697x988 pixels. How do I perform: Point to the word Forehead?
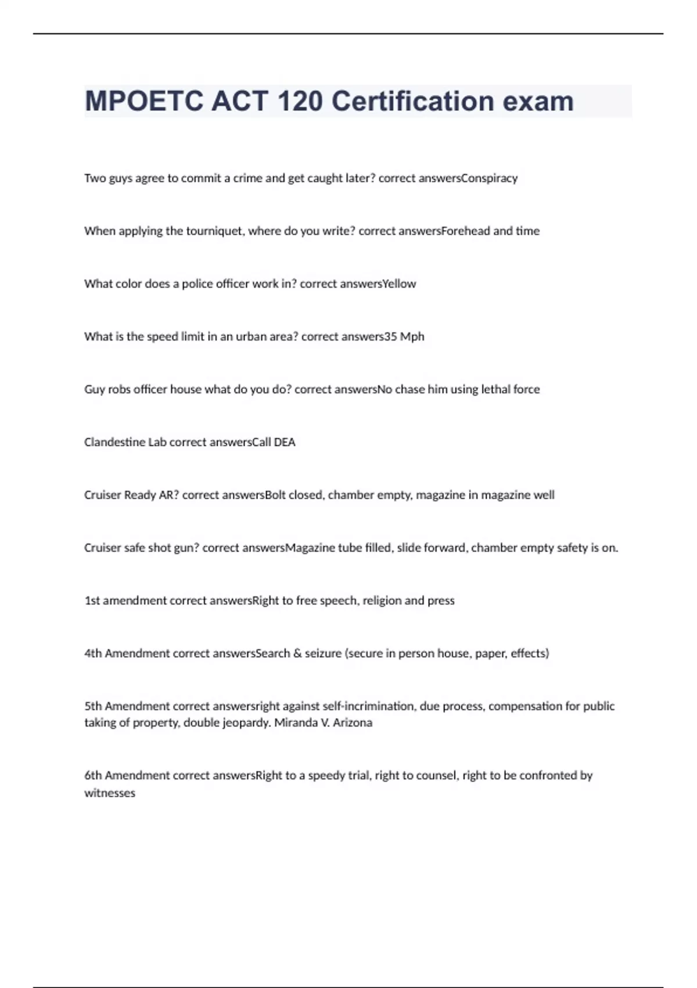click(x=466, y=231)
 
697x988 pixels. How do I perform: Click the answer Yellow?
click(x=399, y=284)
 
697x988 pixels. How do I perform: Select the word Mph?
click(x=412, y=337)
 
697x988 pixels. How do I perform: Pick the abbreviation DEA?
click(x=285, y=442)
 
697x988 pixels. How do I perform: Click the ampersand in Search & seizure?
click(x=297, y=653)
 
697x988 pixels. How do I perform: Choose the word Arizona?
click(x=353, y=723)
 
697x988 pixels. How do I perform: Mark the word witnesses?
click(x=110, y=793)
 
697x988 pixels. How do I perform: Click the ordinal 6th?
click(x=93, y=775)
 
